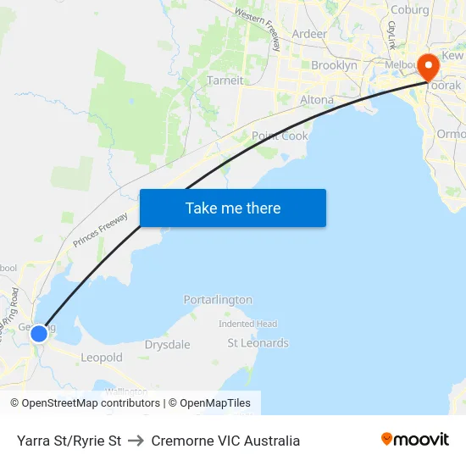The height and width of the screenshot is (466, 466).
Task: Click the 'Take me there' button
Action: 233,208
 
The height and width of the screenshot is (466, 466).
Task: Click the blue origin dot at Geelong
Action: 39,334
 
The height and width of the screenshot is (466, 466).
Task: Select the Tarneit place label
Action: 225,80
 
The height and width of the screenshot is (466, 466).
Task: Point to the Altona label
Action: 317,100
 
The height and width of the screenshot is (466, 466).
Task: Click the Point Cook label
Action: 280,136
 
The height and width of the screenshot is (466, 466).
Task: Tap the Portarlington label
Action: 218,300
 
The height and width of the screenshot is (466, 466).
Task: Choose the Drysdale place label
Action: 167,345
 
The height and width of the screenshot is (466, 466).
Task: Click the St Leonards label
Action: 258,343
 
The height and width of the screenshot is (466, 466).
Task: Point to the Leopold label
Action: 102,358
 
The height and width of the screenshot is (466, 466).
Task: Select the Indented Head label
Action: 247,324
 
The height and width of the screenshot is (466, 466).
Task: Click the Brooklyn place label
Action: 334,65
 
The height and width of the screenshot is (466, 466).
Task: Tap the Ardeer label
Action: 309,34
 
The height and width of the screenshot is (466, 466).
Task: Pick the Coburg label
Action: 409,10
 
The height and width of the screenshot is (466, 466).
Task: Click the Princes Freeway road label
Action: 101,230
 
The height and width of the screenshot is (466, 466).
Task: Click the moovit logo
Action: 415,440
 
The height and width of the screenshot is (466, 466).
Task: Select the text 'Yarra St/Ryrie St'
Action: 69,441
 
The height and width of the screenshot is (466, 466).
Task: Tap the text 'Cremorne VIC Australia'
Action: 225,441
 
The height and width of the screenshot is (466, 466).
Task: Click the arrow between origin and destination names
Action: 136,441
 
